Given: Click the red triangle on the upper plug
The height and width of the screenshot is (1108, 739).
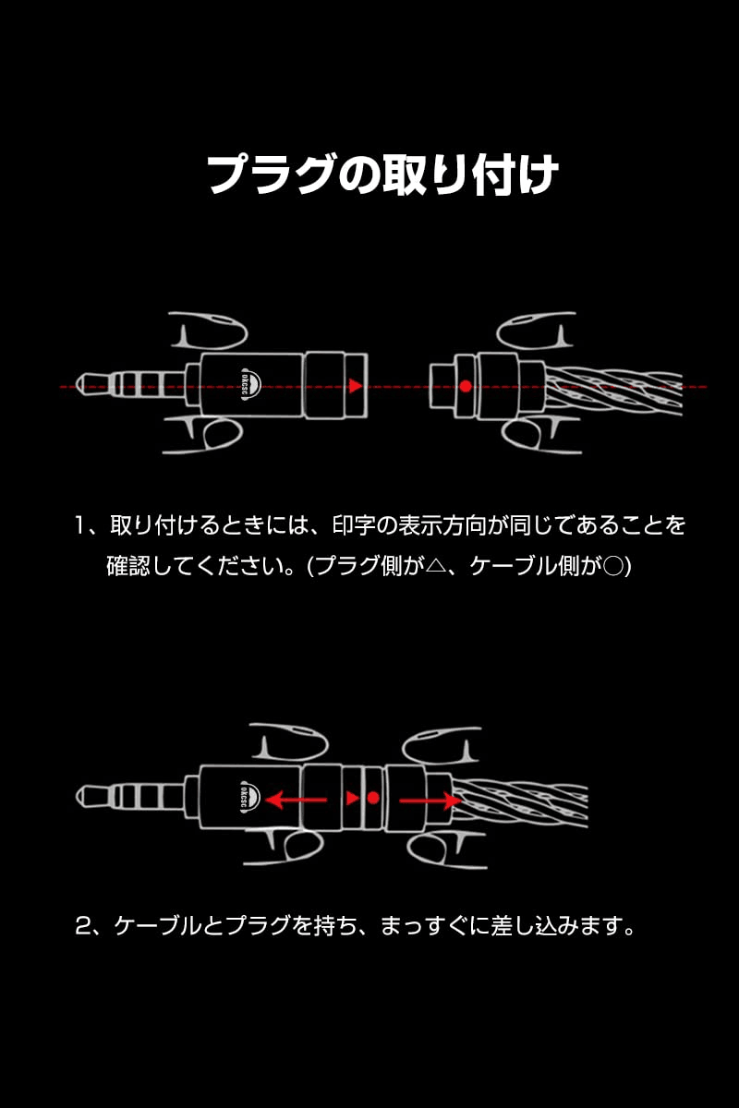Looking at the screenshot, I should tap(355, 385).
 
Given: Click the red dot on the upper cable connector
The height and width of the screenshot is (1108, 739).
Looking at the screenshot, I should tap(466, 385).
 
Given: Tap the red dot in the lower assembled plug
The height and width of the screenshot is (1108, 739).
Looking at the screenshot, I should tap(373, 798).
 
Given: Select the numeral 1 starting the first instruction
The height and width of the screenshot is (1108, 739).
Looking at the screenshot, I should tap(80, 526).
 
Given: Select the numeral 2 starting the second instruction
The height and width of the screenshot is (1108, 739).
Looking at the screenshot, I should tap(82, 925).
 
